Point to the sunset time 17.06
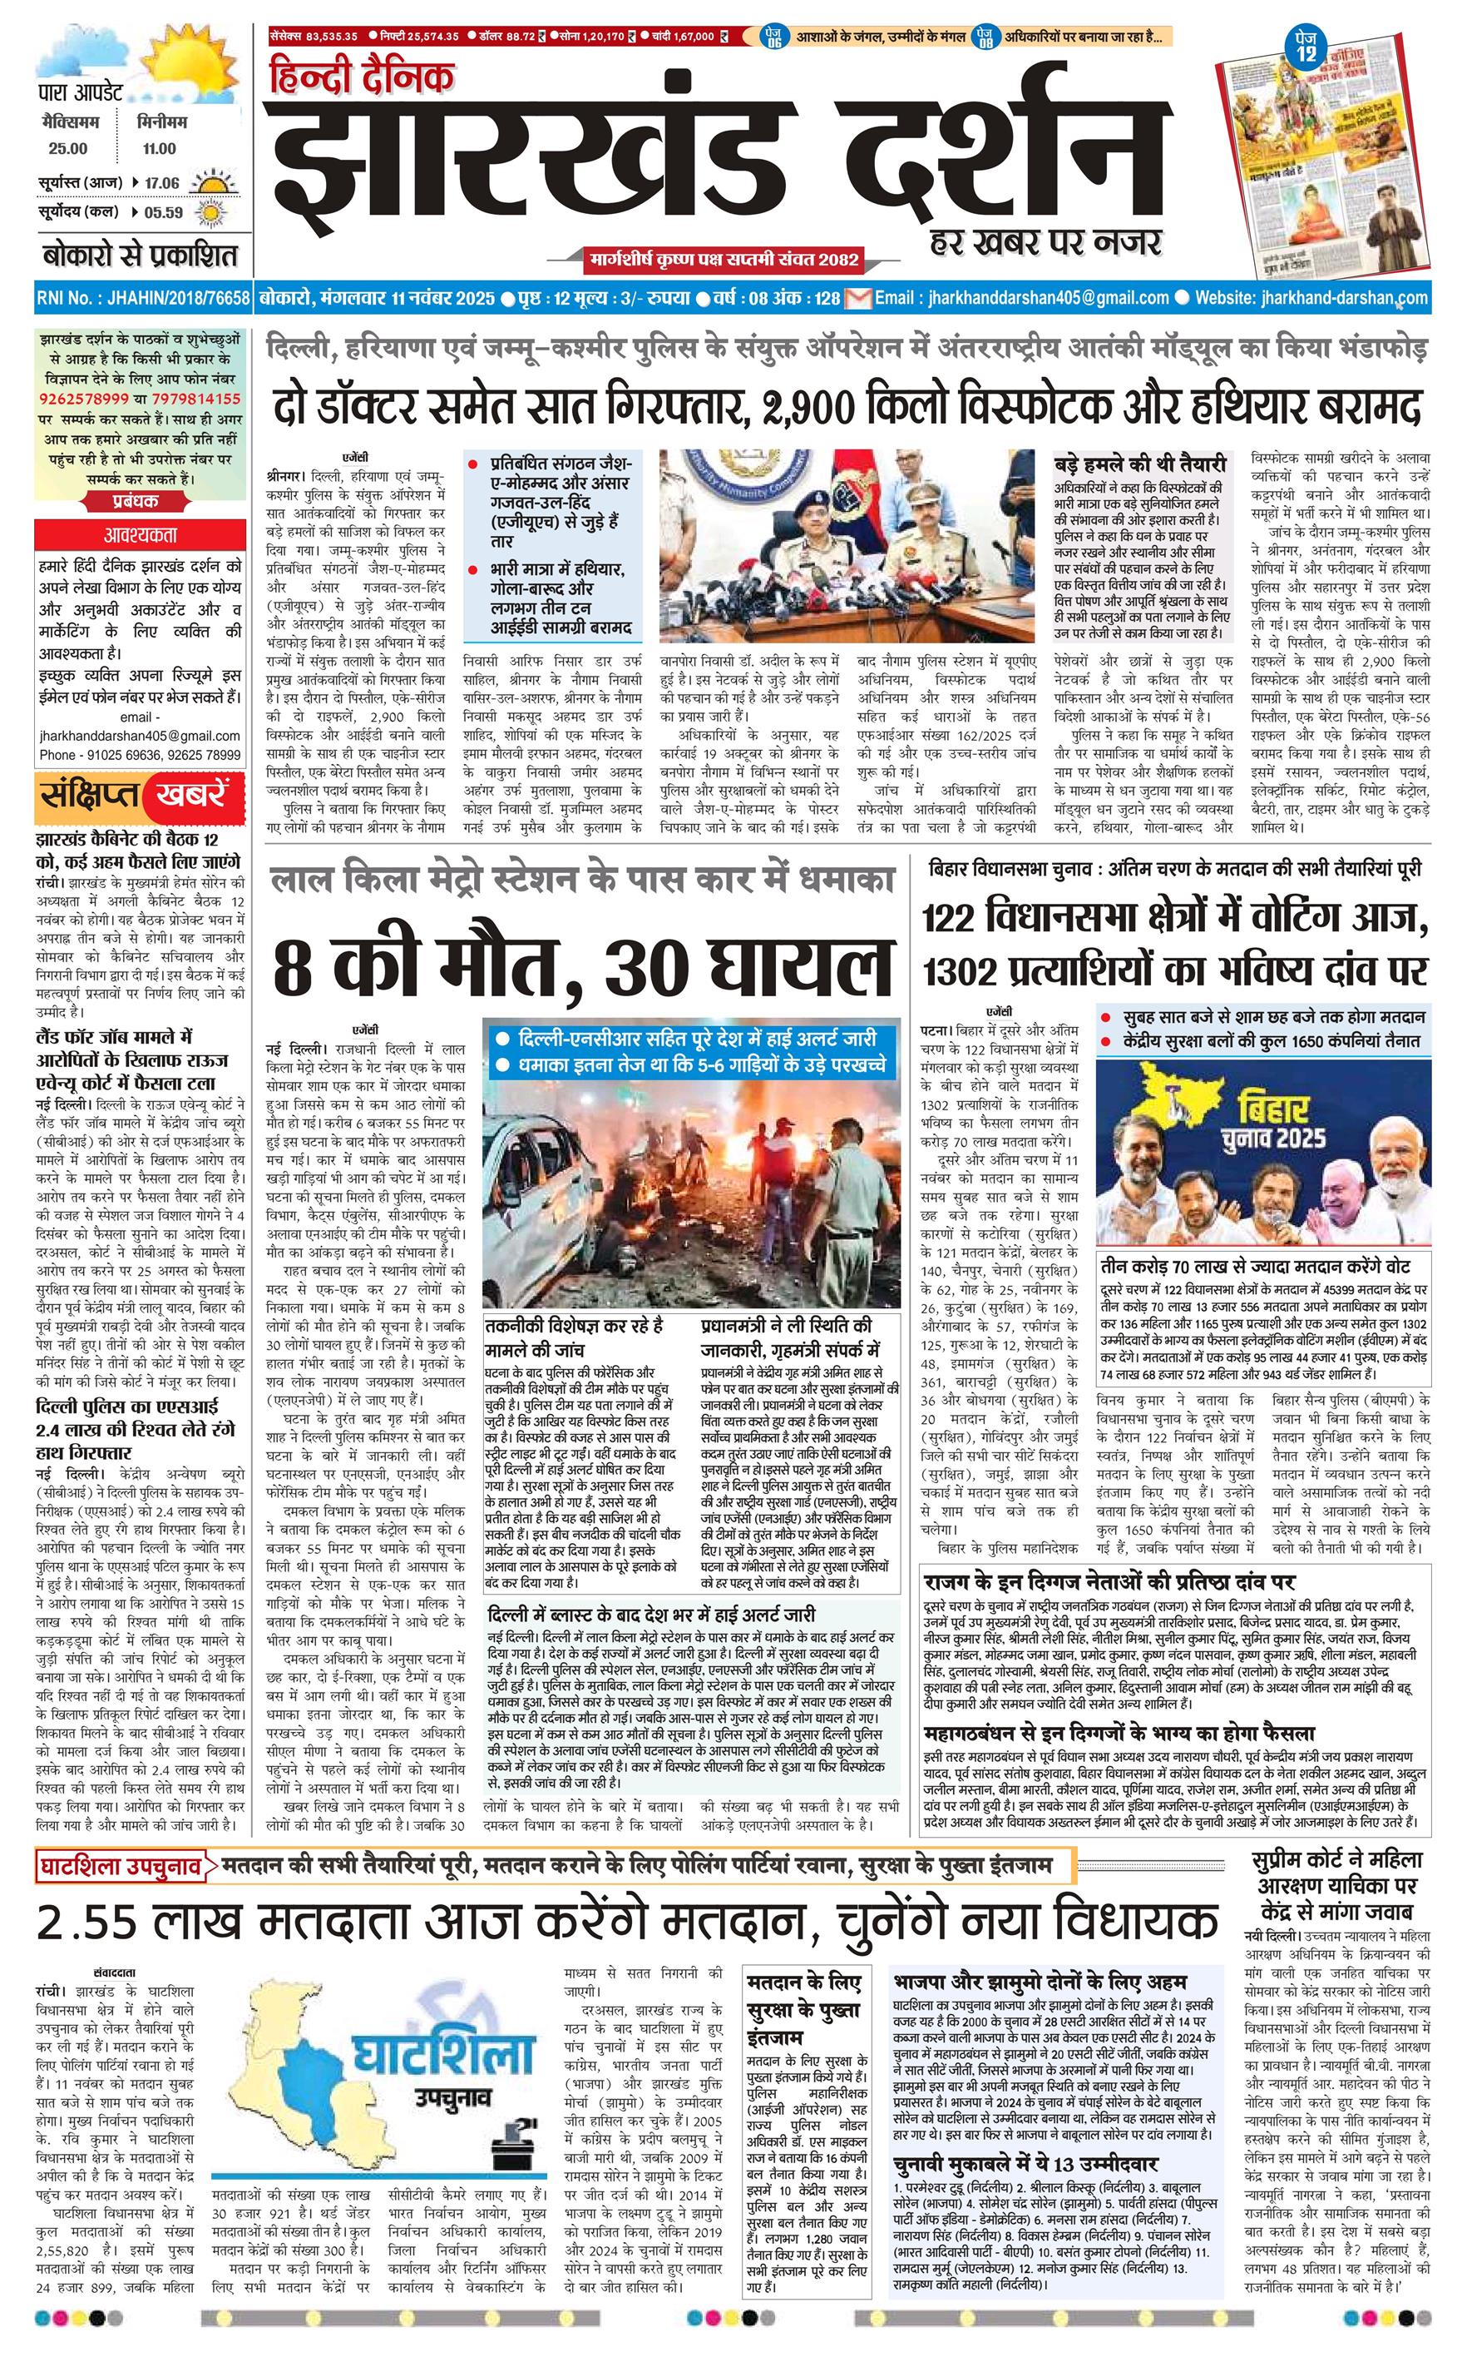pyautogui.click(x=162, y=182)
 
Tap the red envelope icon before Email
pyautogui.click(x=857, y=298)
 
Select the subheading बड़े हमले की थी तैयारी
pyautogui.click(x=1140, y=465)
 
